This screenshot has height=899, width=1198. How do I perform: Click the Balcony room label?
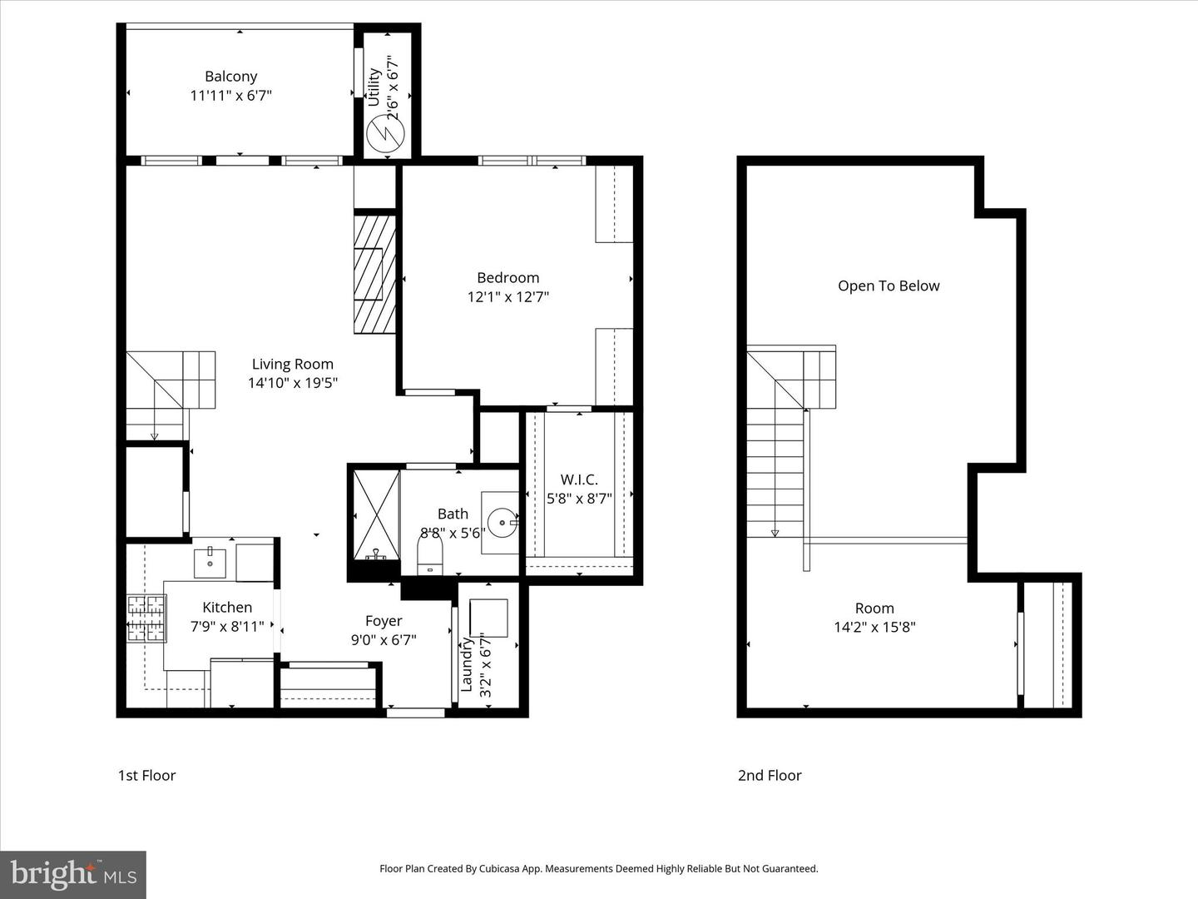[x=230, y=77]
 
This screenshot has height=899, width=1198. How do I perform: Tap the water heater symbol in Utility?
[x=385, y=132]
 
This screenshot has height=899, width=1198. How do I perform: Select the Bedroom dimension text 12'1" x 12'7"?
[x=507, y=296]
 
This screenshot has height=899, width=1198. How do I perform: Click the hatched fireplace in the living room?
[x=374, y=274]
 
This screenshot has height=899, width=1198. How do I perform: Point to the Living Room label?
[x=292, y=364]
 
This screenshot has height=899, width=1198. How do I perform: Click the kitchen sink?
[x=210, y=563]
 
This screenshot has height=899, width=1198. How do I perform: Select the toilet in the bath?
[x=429, y=554]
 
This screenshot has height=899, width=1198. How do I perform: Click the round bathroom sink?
[x=502, y=524]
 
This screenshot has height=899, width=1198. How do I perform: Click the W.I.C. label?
[x=579, y=479]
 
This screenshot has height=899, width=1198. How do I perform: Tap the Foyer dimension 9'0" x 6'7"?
[x=384, y=639]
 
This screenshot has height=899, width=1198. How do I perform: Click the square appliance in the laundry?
[x=488, y=618]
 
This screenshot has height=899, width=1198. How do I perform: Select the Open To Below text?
[x=889, y=286]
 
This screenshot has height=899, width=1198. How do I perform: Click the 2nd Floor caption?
[x=770, y=775]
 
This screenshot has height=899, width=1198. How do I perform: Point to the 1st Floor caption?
[x=146, y=775]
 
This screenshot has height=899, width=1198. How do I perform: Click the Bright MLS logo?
[x=73, y=874]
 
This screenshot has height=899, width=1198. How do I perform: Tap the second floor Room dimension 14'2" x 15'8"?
[x=874, y=627]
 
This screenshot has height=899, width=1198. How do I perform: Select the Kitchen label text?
[x=227, y=608]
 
